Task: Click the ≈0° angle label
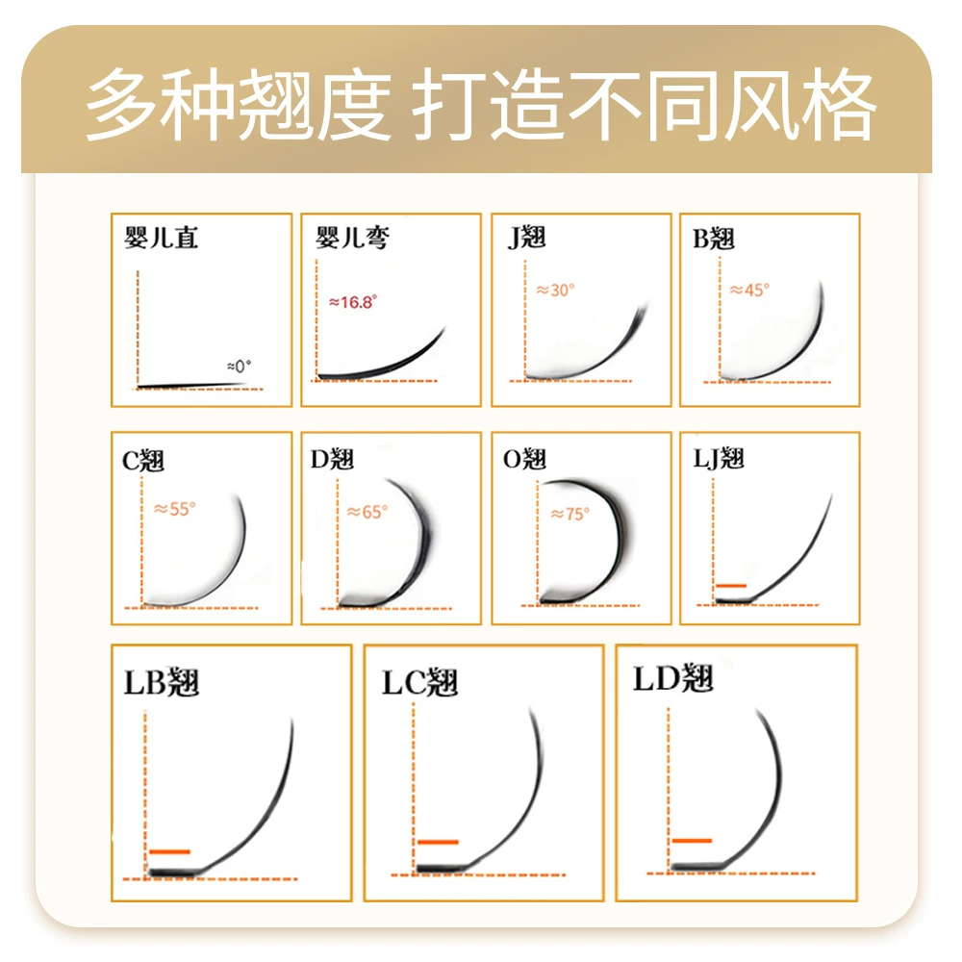(239, 367)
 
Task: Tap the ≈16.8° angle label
(353, 302)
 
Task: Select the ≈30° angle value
(555, 291)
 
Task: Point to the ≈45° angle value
(749, 290)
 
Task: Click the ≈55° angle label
(175, 509)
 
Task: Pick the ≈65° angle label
(367, 512)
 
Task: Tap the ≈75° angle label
(570, 514)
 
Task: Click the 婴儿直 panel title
(161, 238)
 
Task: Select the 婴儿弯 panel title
(352, 238)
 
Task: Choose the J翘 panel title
(527, 238)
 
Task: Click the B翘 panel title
(714, 239)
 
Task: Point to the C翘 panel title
(143, 461)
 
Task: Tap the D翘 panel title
(332, 459)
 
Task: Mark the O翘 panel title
(524, 459)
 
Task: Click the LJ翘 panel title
(719, 458)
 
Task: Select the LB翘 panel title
(162, 682)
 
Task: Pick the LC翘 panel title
(419, 682)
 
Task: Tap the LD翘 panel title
(673, 678)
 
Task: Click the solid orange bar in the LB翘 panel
(170, 851)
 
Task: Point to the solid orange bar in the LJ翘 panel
(731, 586)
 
